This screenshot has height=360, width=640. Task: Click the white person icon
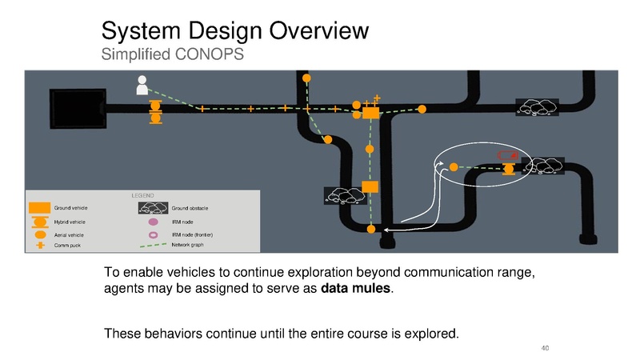[x=142, y=85]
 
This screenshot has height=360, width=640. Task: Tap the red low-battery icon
[x=508, y=155]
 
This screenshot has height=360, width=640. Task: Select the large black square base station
[x=78, y=109]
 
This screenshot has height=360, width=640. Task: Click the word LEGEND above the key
[x=143, y=195]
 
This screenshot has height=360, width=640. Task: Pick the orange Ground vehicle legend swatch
[x=39, y=208]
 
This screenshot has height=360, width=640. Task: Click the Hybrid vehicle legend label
[x=70, y=222]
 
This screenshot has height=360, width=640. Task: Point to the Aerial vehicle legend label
[x=69, y=235]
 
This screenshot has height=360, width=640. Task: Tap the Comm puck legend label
[x=67, y=246]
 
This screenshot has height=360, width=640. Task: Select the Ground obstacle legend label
[x=190, y=208]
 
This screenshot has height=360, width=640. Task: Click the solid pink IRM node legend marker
[x=153, y=222]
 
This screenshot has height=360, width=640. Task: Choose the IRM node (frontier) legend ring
[x=153, y=235]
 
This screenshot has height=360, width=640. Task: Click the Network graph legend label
[x=187, y=245]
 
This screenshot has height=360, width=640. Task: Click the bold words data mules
[x=355, y=288]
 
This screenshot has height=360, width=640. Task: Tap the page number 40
[x=545, y=348]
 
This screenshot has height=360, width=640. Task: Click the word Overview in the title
[x=318, y=30]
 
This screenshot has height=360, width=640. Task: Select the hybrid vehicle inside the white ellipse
[x=509, y=169]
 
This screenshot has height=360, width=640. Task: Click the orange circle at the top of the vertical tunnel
[x=306, y=78]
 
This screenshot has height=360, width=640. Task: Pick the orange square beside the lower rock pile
[x=370, y=187]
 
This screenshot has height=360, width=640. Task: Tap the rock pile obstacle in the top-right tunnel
[x=537, y=107]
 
